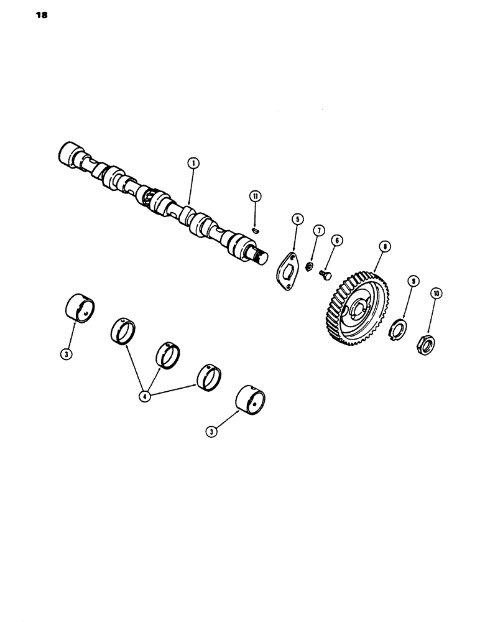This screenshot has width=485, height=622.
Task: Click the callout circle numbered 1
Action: pos(195,163)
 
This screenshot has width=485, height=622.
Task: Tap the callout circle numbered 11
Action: pos(255,196)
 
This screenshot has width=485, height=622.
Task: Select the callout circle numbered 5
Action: pos(297,219)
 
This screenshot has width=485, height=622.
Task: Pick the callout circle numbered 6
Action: pos(337,240)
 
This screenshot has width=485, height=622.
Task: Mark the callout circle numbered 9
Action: pos(410,281)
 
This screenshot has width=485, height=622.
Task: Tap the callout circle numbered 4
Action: pos(145,396)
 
